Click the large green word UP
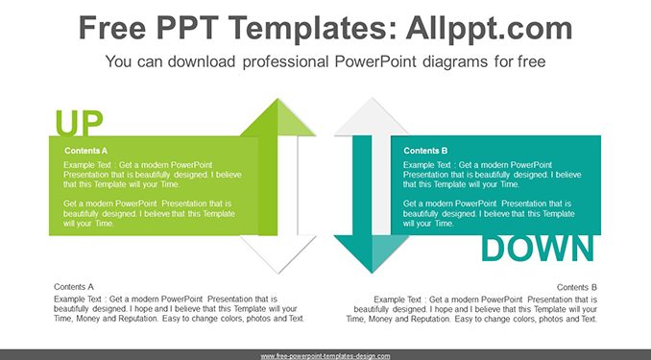tap(79, 123)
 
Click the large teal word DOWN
tap(538, 249)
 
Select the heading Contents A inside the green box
tap(86, 151)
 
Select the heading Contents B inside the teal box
tap(425, 151)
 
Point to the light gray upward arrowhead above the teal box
tap(372, 118)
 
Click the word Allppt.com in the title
tap(489, 29)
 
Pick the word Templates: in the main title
tap(311, 29)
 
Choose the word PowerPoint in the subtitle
tap(375, 61)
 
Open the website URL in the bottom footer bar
tap(325, 356)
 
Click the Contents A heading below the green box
tap(74, 287)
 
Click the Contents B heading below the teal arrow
tap(577, 287)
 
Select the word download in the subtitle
tap(202, 61)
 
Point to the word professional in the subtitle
tap(285, 61)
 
